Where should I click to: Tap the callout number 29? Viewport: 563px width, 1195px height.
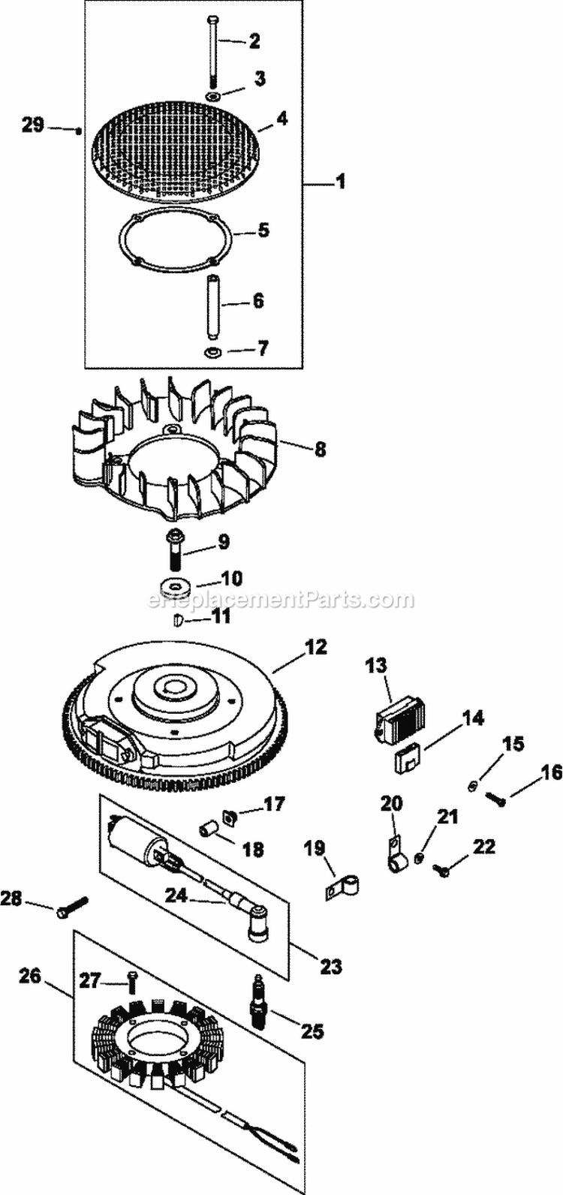click(x=33, y=125)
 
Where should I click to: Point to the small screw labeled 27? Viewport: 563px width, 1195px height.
click(x=131, y=980)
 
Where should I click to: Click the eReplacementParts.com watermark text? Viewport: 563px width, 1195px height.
click(x=280, y=600)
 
